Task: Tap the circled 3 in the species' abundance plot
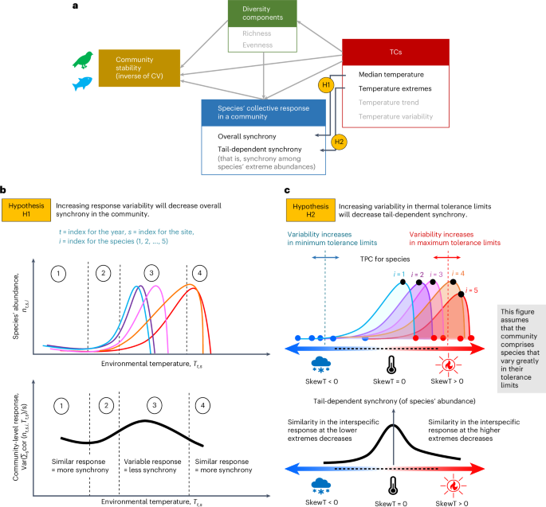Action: (x=150, y=272)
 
